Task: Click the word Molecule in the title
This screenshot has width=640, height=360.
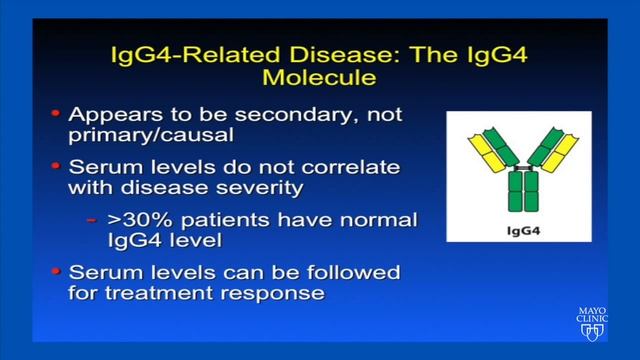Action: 319,75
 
